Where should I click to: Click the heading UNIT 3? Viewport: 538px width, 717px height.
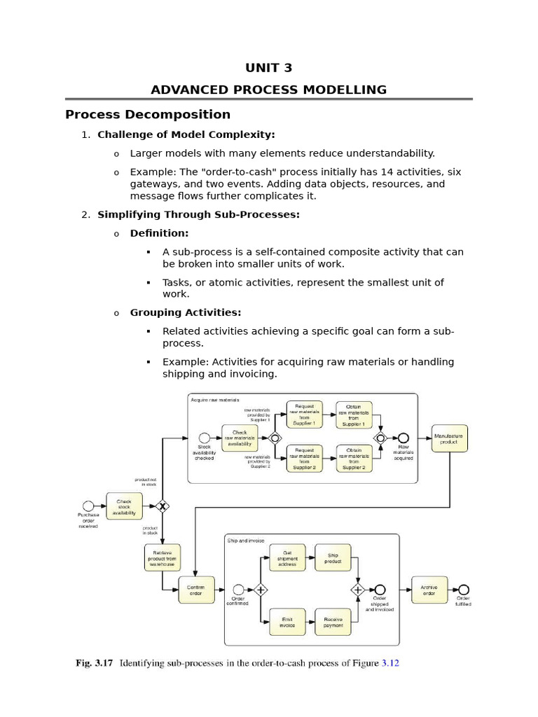tap(269, 68)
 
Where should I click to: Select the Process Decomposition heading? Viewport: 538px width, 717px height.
tap(148, 114)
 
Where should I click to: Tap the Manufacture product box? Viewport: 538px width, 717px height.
tap(448, 439)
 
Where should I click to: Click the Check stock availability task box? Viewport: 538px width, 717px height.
tap(124, 506)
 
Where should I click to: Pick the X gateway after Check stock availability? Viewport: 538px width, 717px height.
tap(163, 506)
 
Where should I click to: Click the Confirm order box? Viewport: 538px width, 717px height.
tap(197, 590)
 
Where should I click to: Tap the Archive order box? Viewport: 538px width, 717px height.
tap(429, 590)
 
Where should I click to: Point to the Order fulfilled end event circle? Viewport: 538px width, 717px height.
tap(463, 590)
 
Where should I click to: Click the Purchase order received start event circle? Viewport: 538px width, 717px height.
tap(88, 506)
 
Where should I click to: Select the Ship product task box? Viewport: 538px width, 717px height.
tap(333, 559)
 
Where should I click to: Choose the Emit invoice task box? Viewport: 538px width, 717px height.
tap(287, 622)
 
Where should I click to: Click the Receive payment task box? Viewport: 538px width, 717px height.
tap(333, 622)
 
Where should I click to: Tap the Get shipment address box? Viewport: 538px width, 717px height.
tap(287, 559)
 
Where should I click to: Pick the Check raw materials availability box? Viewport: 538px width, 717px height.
tap(240, 438)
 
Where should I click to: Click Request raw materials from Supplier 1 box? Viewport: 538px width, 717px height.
tap(305, 415)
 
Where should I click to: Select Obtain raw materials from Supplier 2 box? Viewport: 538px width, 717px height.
tap(354, 459)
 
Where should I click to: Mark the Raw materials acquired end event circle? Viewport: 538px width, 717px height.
tap(403, 438)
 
